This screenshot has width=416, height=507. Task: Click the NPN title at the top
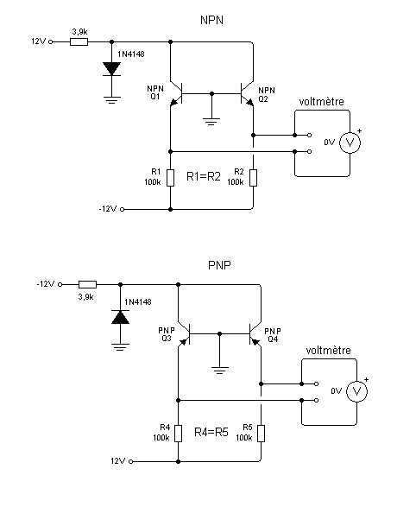pyautogui.click(x=211, y=20)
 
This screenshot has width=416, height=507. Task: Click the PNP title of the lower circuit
pyautogui.click(x=219, y=265)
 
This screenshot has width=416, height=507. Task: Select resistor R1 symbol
pyautogui.click(x=171, y=178)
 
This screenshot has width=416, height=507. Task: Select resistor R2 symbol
pyautogui.click(x=253, y=178)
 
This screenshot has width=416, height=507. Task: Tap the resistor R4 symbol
pyautogui.click(x=178, y=434)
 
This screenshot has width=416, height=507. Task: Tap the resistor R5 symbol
pyautogui.click(x=261, y=434)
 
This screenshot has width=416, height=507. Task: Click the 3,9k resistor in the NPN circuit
pyautogui.click(x=79, y=41)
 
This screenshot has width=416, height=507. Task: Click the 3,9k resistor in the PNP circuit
pyautogui.click(x=87, y=284)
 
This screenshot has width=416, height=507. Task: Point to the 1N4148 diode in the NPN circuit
pyautogui.click(x=111, y=69)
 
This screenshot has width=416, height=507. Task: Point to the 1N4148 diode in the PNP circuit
pyautogui.click(x=121, y=317)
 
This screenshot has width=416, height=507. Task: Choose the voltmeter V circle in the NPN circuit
pyautogui.click(x=350, y=143)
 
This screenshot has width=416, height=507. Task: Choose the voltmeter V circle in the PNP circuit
pyautogui.click(x=357, y=391)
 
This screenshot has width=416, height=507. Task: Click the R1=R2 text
pyautogui.click(x=204, y=176)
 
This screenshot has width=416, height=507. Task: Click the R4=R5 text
pyautogui.click(x=211, y=432)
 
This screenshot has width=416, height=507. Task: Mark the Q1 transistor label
pyautogui.click(x=155, y=97)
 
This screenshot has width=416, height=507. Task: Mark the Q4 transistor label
pyautogui.click(x=273, y=339)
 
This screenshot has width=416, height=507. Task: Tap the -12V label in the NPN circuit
pyautogui.click(x=108, y=209)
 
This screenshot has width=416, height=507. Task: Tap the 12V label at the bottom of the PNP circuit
pyautogui.click(x=117, y=461)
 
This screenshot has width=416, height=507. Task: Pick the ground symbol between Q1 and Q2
pyautogui.click(x=211, y=122)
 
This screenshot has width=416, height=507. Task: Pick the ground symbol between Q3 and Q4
pyautogui.click(x=219, y=371)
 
